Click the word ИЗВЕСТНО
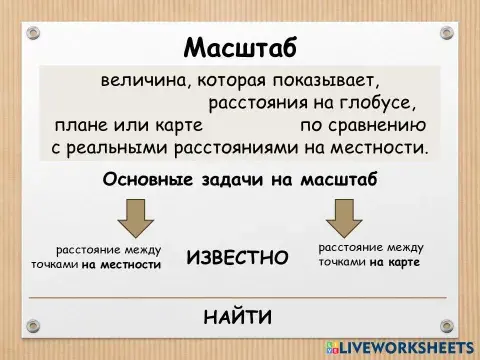237,258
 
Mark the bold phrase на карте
394,262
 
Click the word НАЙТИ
238,319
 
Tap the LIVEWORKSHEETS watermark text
408,345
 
